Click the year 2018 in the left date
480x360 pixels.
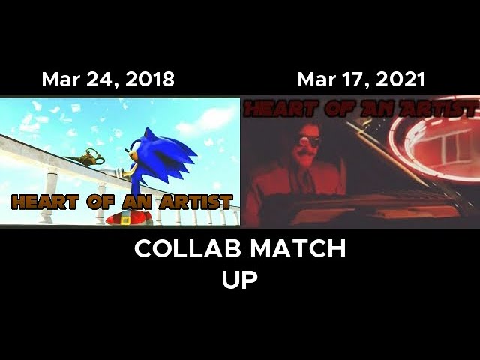pos(150,79)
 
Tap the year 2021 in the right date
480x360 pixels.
pos(400,79)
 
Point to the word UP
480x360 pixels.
pos(240,279)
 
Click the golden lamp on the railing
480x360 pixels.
pos(86,157)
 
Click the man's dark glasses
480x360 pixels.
pos(307,140)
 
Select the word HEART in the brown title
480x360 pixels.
pos(45,202)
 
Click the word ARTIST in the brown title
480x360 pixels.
pos(196,202)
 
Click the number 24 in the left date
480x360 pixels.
pos(97,79)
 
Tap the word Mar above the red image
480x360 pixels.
pos(316,79)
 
